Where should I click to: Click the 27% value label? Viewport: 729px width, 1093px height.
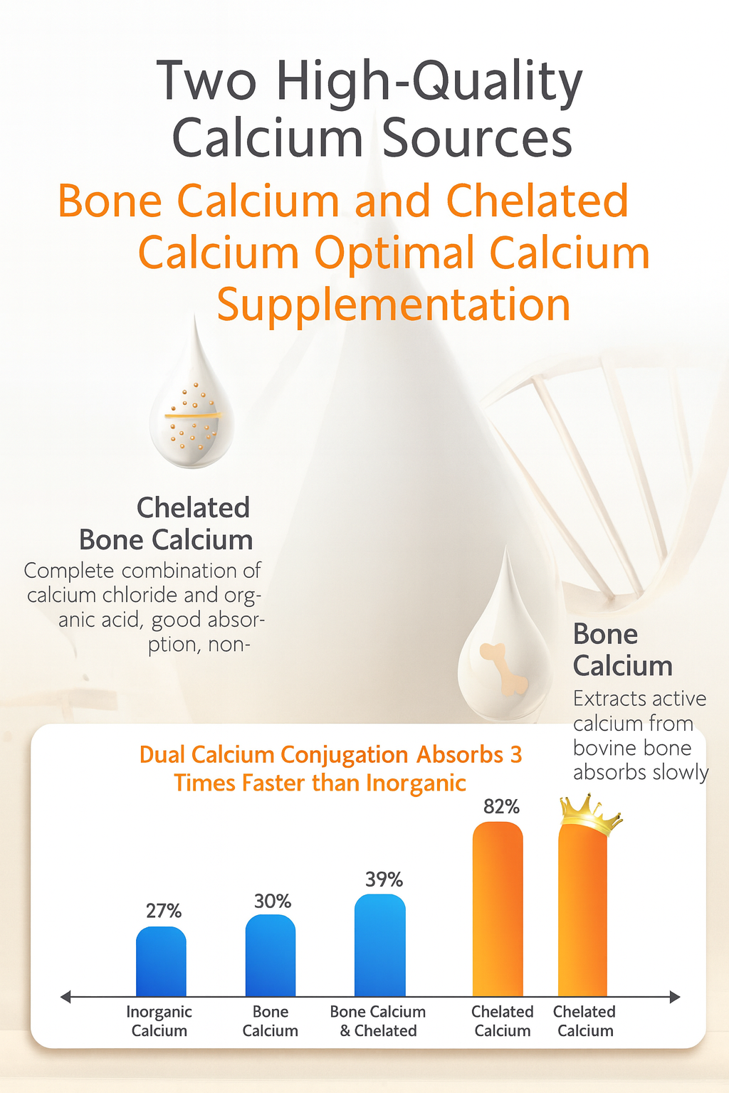pyautogui.click(x=164, y=911)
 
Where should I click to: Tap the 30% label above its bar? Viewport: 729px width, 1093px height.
pyautogui.click(x=273, y=902)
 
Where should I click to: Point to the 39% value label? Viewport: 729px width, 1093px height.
pyautogui.click(x=384, y=880)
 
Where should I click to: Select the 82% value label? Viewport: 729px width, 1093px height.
pyautogui.click(x=501, y=806)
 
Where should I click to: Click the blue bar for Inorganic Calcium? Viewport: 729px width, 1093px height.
pyautogui.click(x=161, y=962)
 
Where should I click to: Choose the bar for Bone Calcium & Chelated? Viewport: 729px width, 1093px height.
pyautogui.click(x=380, y=946)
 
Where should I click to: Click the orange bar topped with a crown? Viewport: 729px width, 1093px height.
pyautogui.click(x=582, y=918)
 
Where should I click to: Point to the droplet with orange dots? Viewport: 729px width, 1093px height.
pyautogui.click(x=192, y=413)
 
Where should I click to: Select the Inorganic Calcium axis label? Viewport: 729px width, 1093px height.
pyautogui.click(x=159, y=1021)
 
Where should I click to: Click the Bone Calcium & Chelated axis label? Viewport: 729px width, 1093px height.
pyautogui.click(x=378, y=1021)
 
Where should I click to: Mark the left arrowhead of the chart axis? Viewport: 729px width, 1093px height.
pyautogui.click(x=65, y=997)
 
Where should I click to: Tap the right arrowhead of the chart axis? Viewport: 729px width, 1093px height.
pyautogui.click(x=676, y=997)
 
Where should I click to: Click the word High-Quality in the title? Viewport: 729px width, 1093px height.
pyautogui.click(x=429, y=83)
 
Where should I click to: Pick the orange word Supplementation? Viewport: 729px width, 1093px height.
pyautogui.click(x=394, y=306)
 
